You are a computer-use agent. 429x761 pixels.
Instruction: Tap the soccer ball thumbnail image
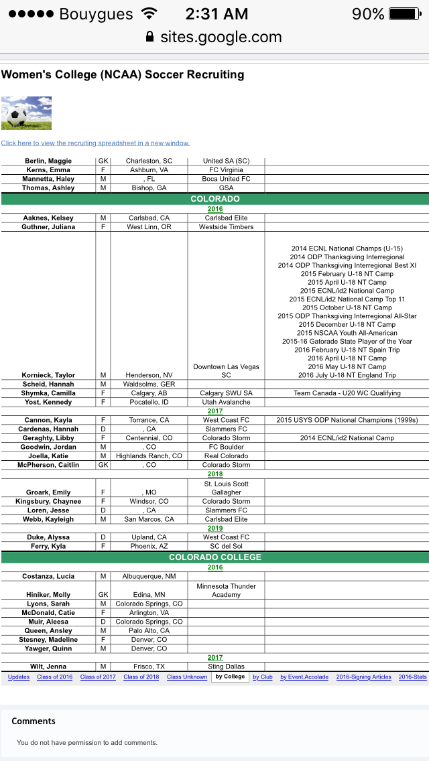point(26,113)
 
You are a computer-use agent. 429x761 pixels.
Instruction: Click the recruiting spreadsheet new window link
point(95,143)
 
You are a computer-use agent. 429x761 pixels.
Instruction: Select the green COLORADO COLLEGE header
point(214,557)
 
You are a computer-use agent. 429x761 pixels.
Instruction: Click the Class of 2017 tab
point(98,677)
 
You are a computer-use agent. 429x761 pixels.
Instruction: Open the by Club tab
point(262,677)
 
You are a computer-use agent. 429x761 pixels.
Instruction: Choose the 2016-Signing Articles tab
point(363,677)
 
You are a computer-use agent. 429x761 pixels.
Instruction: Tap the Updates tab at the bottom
point(19,677)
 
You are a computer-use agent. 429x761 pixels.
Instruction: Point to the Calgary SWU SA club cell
point(226,393)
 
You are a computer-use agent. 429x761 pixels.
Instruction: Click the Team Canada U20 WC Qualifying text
point(347,393)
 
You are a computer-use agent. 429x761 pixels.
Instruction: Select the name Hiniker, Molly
point(48,595)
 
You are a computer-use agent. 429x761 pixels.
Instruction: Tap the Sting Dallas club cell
point(226,667)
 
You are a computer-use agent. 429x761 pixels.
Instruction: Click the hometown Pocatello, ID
point(149,402)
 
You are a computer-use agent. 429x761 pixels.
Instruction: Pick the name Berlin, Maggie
point(48,161)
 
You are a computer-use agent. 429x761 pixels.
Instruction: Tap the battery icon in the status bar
point(405,14)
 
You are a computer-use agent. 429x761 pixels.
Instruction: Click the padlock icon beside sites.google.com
point(149,38)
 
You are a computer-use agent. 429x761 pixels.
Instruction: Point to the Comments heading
point(34,721)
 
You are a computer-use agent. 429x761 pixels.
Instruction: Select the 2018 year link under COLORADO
point(214,474)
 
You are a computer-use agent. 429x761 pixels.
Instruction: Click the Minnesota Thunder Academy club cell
point(226,590)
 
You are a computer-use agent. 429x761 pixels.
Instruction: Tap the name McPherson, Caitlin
point(48,465)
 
